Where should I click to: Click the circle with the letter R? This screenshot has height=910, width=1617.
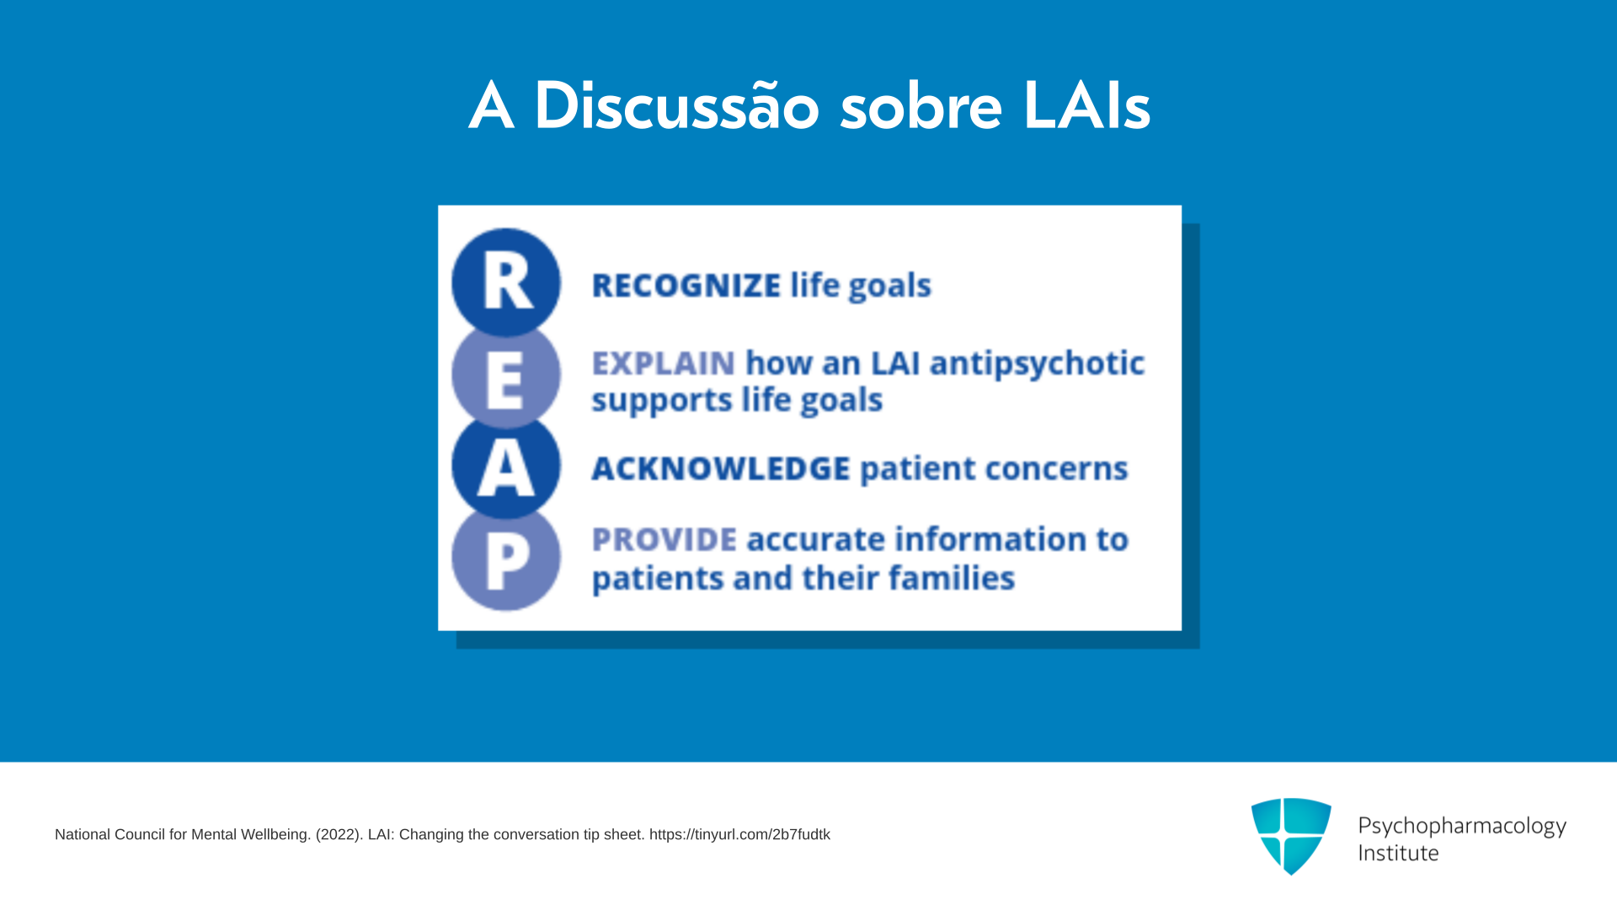coord(506,282)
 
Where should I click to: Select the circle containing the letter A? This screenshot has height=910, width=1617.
coord(506,466)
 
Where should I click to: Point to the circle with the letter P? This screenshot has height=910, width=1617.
coord(506,558)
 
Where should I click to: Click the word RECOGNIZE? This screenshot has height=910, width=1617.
coord(686,286)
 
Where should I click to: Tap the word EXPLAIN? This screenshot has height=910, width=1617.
coord(664,364)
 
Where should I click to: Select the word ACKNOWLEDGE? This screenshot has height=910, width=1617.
coord(721,468)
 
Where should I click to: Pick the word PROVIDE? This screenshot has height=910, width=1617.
coord(664,539)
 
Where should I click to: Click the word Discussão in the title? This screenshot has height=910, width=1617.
coord(676,106)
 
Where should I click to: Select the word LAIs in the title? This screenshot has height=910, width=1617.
coord(1086,107)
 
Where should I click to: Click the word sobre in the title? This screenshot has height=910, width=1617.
coord(921,107)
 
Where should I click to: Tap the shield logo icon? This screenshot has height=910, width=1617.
coord(1291,836)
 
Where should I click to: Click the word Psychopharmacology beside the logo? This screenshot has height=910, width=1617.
coord(1462,827)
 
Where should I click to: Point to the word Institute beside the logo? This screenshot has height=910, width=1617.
coord(1398,853)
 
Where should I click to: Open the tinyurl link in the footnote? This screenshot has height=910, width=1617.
coord(739,834)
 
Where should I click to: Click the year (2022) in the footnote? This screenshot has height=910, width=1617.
coord(339,834)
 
